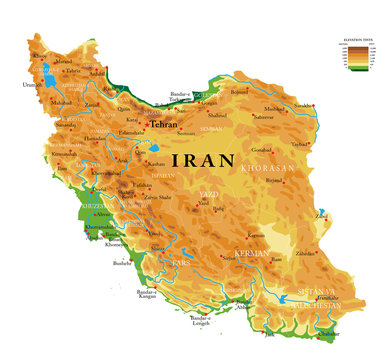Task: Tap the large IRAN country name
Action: (x=204, y=160)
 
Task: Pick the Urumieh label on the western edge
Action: (x=33, y=85)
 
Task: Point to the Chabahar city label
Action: (x=340, y=333)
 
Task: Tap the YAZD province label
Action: (x=208, y=193)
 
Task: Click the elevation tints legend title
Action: (x=357, y=37)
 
